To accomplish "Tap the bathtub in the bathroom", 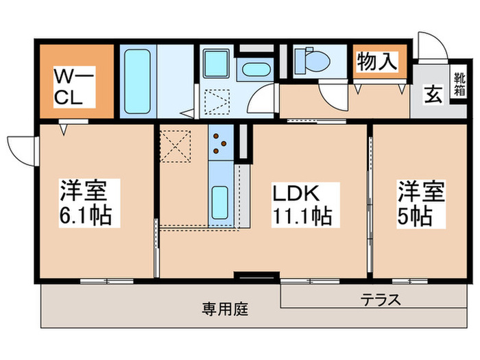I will [x=139, y=80].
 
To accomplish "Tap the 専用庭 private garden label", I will [x=224, y=309].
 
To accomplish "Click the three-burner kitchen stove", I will [x=221, y=142].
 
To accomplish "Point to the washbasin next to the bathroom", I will [x=254, y=69].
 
